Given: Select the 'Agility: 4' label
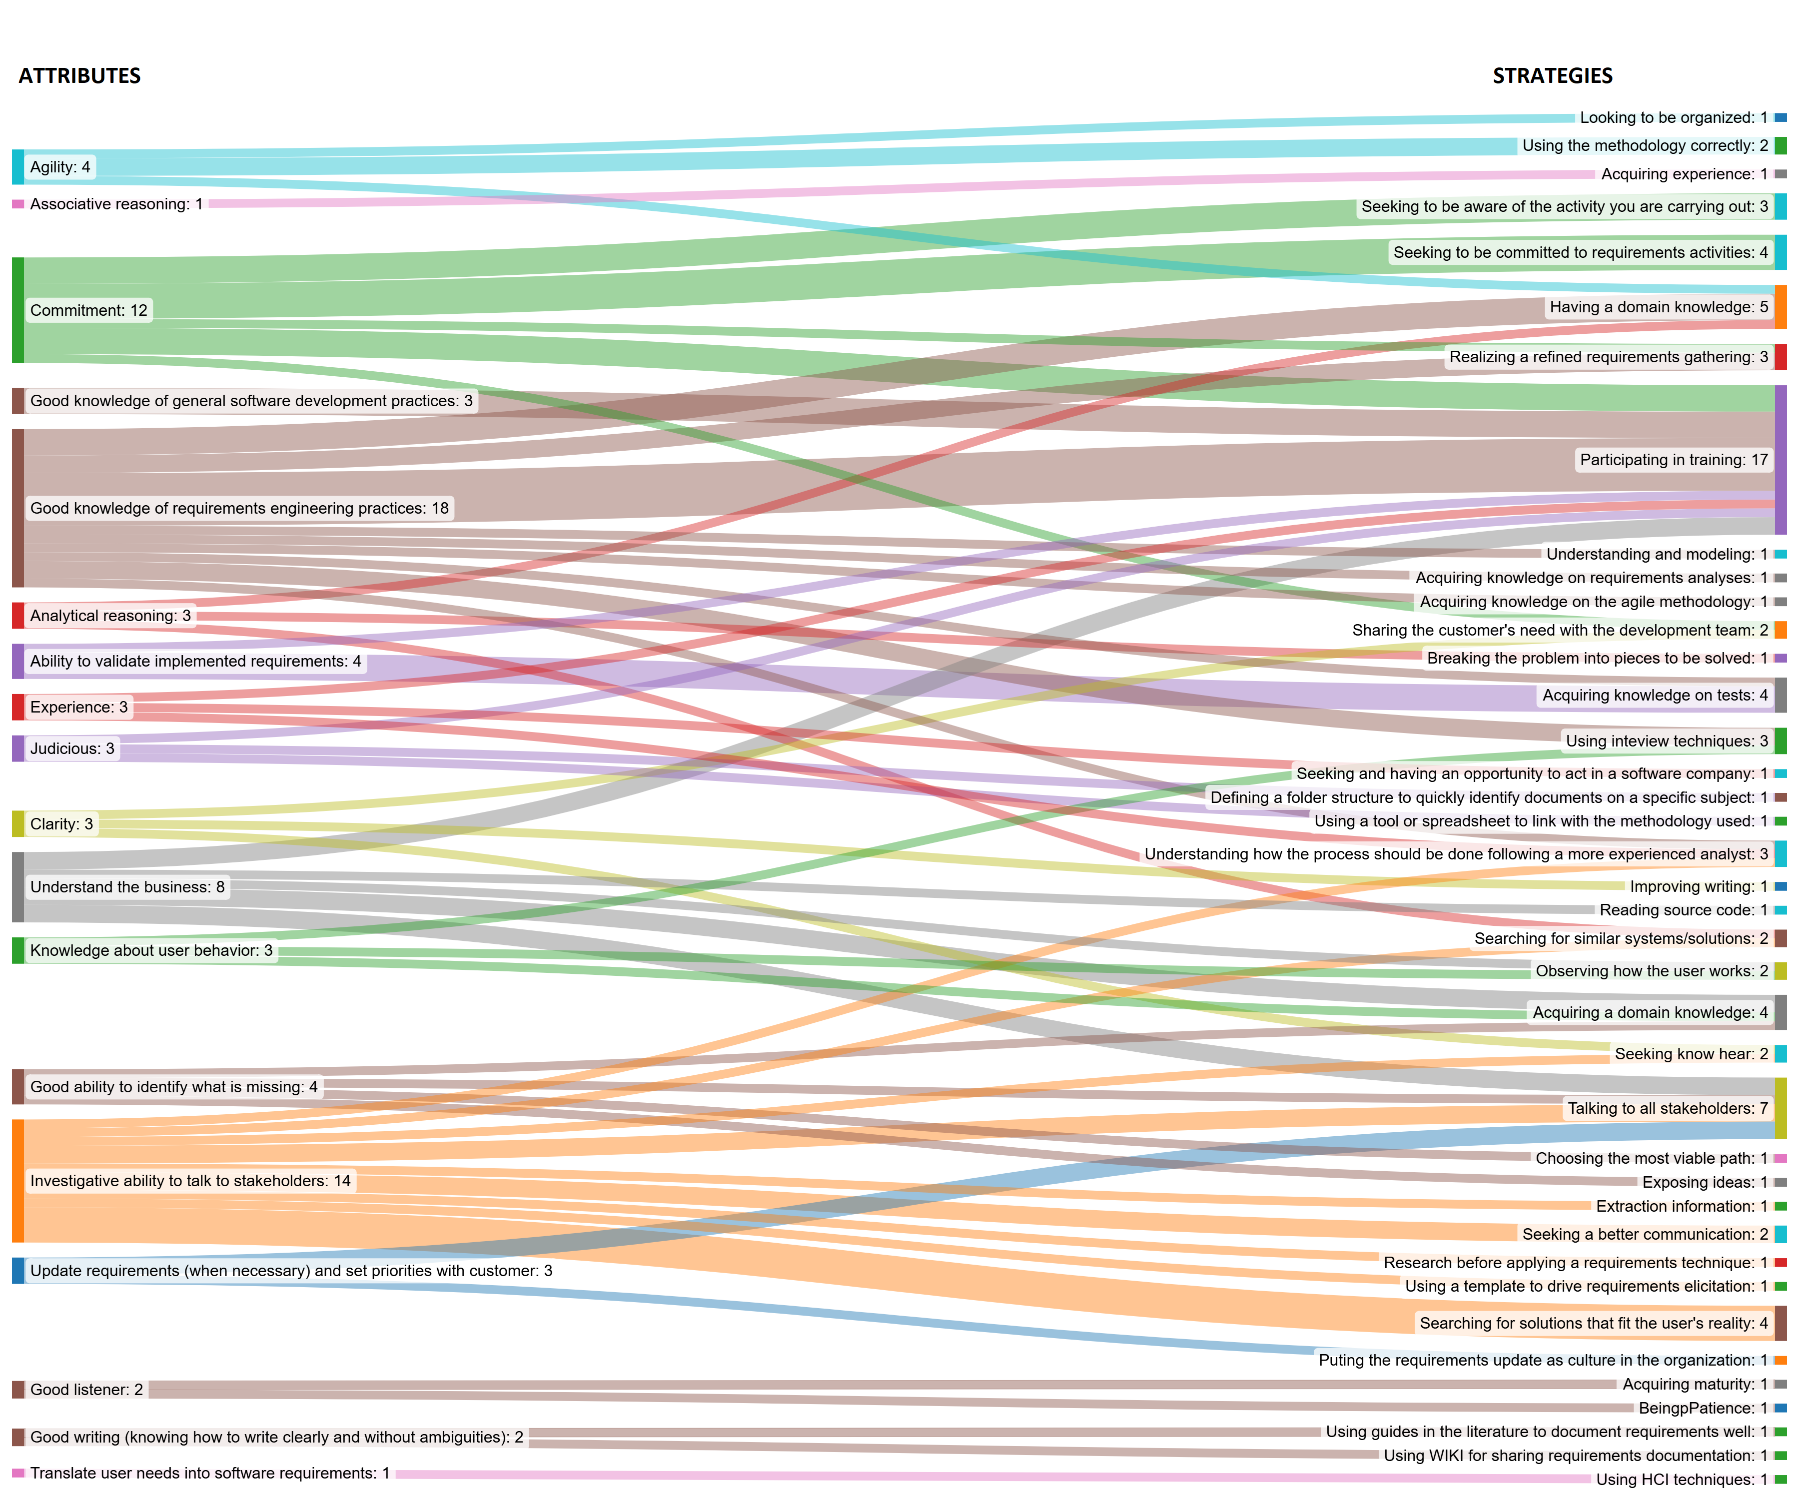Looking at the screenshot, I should point(60,167).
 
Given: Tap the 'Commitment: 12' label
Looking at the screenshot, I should point(89,310).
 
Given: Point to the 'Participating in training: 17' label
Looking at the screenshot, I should point(1673,460).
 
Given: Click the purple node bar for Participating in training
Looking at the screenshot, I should point(1780,460).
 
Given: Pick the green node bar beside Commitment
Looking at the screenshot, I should point(18,310).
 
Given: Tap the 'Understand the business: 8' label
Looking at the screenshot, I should point(127,887).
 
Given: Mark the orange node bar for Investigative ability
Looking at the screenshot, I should point(18,1181).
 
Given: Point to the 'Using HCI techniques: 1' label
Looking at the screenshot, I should point(1681,1480).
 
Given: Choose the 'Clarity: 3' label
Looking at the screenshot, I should point(61,824).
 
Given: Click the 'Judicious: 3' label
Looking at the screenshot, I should point(72,749).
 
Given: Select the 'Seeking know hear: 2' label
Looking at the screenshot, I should point(1690,1054).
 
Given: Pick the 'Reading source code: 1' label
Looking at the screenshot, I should point(1683,910).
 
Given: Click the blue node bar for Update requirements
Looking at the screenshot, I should point(18,1271).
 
